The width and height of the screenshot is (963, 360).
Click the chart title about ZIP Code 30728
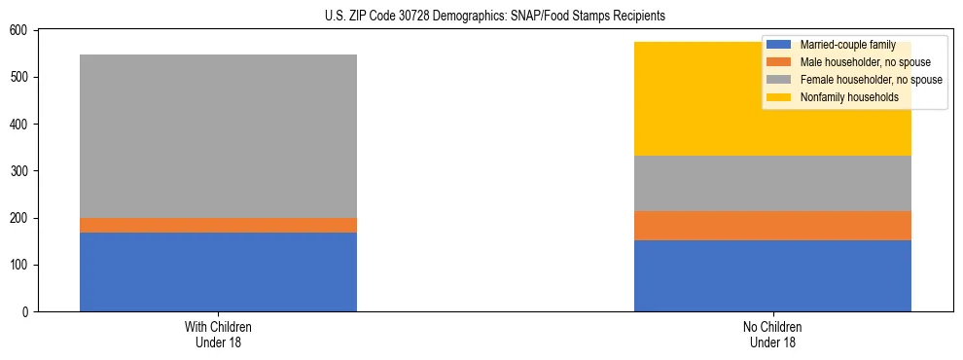point(481,16)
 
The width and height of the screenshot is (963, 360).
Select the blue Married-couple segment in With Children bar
point(218,271)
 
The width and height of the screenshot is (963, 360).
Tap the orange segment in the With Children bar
point(218,225)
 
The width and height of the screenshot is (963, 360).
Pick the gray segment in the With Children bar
point(218,136)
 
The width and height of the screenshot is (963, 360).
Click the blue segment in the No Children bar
point(772,275)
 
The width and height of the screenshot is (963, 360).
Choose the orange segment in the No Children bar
point(772,226)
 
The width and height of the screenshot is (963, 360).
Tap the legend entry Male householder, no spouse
point(856,62)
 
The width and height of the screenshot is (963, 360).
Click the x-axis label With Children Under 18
point(218,334)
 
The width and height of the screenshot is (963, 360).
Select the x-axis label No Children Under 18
point(772,334)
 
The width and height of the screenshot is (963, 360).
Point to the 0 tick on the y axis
point(26,312)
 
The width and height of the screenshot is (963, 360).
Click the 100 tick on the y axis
point(20,266)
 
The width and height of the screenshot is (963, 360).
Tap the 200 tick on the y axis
point(20,219)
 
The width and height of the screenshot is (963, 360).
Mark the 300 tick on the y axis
point(20,171)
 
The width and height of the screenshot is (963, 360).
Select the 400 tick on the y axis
point(20,125)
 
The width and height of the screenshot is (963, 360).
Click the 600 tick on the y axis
point(20,31)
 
